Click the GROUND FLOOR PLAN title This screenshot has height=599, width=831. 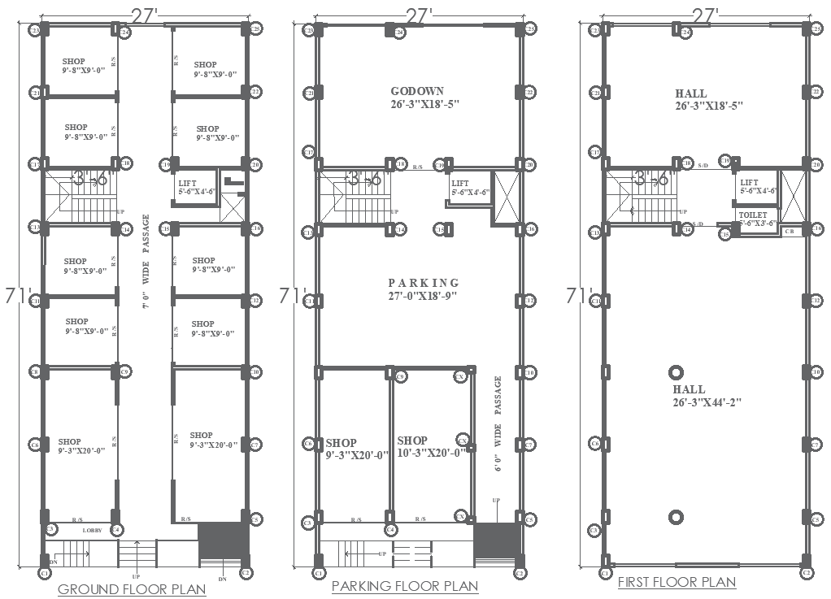pyautogui.click(x=132, y=589)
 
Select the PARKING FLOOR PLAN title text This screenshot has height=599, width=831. pyautogui.click(x=405, y=586)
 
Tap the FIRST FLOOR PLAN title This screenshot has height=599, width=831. pyautogui.click(x=677, y=582)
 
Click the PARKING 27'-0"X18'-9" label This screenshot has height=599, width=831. pyautogui.click(x=424, y=289)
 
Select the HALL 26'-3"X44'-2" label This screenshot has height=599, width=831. pyautogui.click(x=706, y=396)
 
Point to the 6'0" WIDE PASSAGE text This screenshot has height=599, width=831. pyautogui.click(x=498, y=423)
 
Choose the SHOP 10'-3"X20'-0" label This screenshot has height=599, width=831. pyautogui.click(x=430, y=447)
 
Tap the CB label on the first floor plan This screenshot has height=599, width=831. pyautogui.click(x=789, y=232)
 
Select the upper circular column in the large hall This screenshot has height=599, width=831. pyautogui.click(x=675, y=372)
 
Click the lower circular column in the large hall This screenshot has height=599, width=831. pyautogui.click(x=675, y=517)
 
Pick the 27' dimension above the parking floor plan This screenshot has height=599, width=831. pyautogui.click(x=418, y=15)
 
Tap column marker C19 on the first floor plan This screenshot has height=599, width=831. pyautogui.click(x=724, y=161)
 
